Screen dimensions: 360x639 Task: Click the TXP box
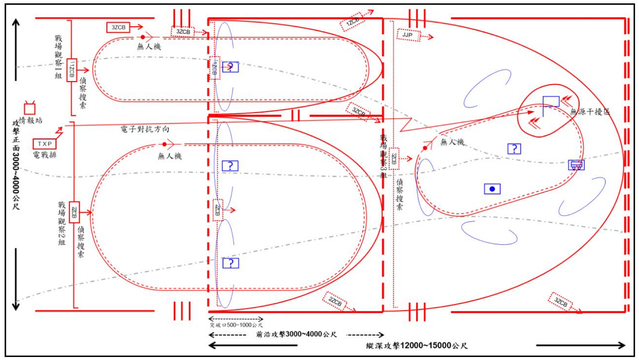(x=44, y=144)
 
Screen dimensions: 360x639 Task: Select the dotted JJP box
(x=408, y=35)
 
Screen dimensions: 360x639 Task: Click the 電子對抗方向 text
(x=144, y=130)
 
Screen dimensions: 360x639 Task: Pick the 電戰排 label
(x=44, y=155)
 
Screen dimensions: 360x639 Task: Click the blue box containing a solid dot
(x=492, y=189)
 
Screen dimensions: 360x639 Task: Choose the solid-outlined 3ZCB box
(x=118, y=27)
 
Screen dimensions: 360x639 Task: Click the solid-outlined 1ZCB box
(x=72, y=70)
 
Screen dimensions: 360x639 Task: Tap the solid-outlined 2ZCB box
(x=75, y=212)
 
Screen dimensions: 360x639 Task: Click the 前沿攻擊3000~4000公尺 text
(x=297, y=335)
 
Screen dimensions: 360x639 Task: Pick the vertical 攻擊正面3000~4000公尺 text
(x=16, y=163)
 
